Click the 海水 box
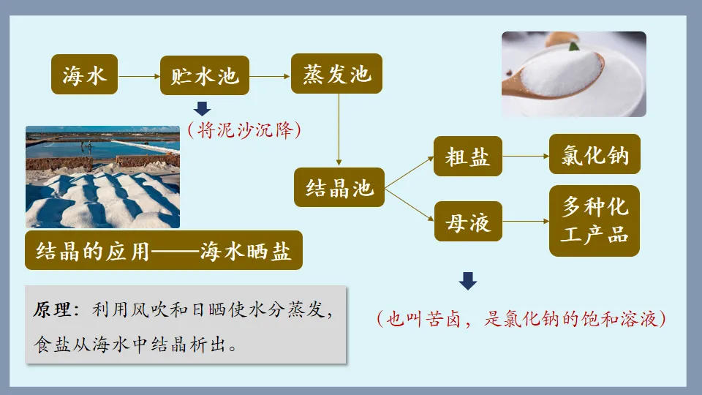pos(84,74)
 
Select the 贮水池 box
pos(204,74)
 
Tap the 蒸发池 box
pos(336,73)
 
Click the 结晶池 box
pos(339,189)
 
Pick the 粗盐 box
pos(468,157)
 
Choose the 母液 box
pos(468,222)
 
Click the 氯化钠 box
pos(594,155)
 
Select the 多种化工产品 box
pos(594,221)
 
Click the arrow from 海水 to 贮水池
pos(139,75)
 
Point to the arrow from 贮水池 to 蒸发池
pos(270,75)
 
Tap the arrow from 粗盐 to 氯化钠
pos(526,156)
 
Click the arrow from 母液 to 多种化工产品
pos(526,221)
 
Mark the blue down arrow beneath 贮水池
pos(203,109)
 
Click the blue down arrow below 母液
pos(468,281)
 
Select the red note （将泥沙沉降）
pos(244,131)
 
